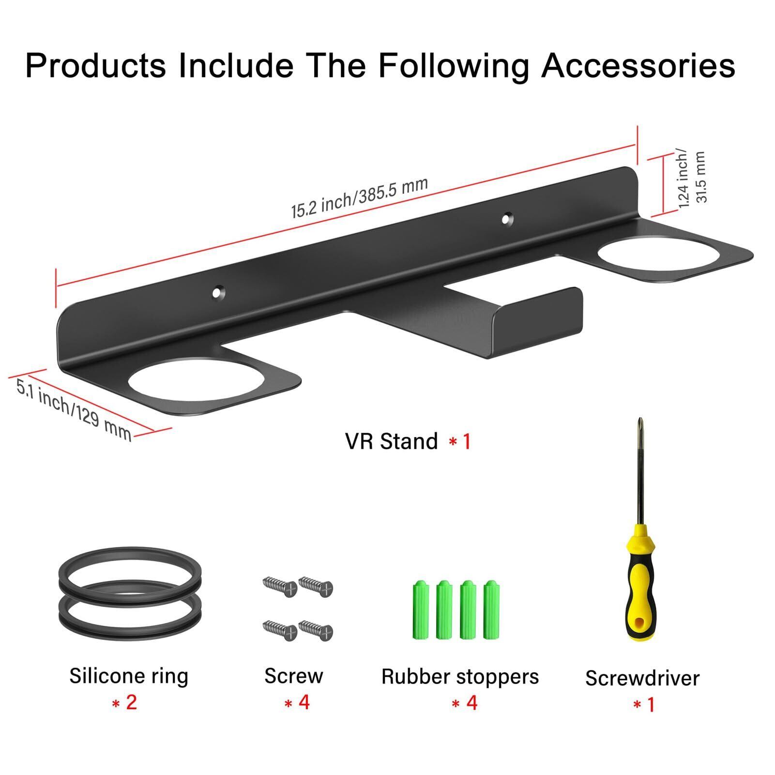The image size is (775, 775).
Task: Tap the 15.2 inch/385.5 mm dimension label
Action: coord(359,198)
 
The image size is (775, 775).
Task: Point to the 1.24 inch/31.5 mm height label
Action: coord(692,178)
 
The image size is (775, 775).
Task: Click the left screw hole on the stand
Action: coord(219,292)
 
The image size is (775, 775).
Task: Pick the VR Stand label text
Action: coord(391,441)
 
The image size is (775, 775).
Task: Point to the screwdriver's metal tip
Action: coord(640,426)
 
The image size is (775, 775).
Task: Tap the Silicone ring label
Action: coord(128,676)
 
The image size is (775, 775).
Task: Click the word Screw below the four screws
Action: coord(293,676)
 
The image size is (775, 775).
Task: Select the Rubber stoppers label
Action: coord(460,677)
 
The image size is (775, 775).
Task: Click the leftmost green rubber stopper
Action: coord(420,609)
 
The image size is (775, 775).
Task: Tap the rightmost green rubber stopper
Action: coord(491,609)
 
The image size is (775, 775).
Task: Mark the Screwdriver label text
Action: coord(642,678)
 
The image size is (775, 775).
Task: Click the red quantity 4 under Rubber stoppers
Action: coord(472,702)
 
